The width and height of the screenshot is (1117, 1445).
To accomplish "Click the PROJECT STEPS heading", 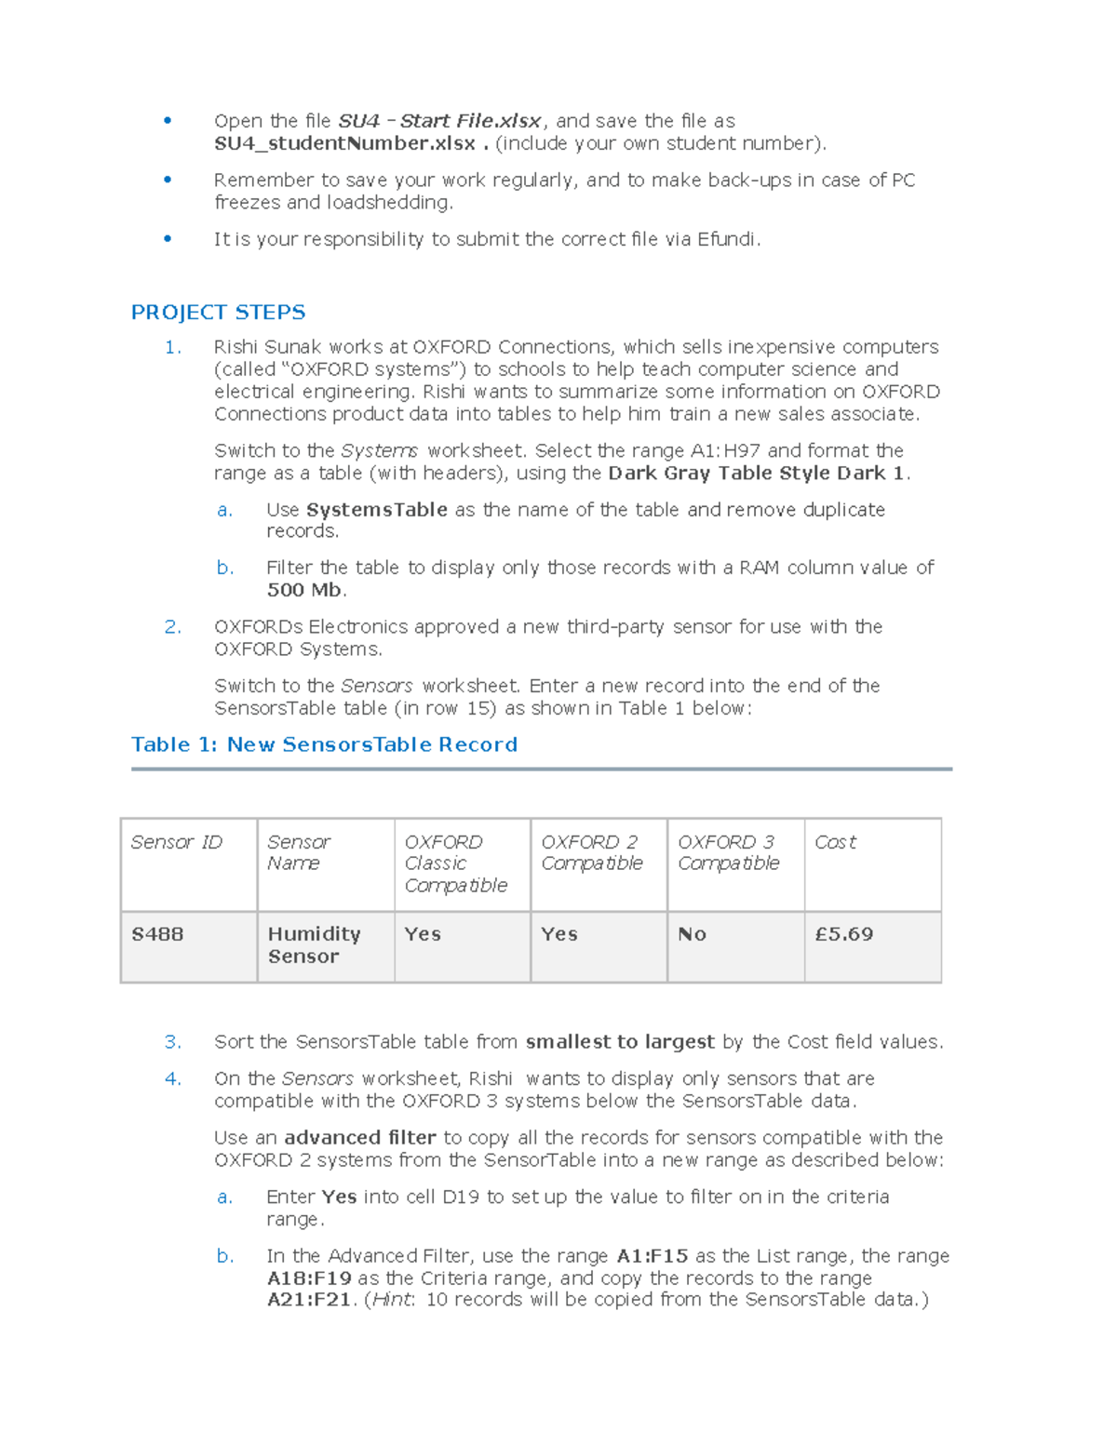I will [x=218, y=313].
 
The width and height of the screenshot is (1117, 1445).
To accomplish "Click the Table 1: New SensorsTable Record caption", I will [x=324, y=744].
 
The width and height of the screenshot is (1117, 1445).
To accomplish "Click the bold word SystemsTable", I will [x=377, y=510].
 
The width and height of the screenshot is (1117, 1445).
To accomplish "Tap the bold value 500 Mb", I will [x=304, y=590].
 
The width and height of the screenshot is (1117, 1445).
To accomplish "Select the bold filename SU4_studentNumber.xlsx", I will [x=344, y=143].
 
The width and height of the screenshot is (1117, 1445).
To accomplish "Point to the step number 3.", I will [x=172, y=1042].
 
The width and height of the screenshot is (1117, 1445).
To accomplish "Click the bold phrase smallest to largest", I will [x=620, y=1042].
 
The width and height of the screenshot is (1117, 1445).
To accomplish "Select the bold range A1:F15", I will [x=652, y=1256].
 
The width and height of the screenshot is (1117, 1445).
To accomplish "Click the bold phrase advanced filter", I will [x=360, y=1138].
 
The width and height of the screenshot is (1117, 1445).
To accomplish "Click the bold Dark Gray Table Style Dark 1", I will [x=757, y=474].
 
